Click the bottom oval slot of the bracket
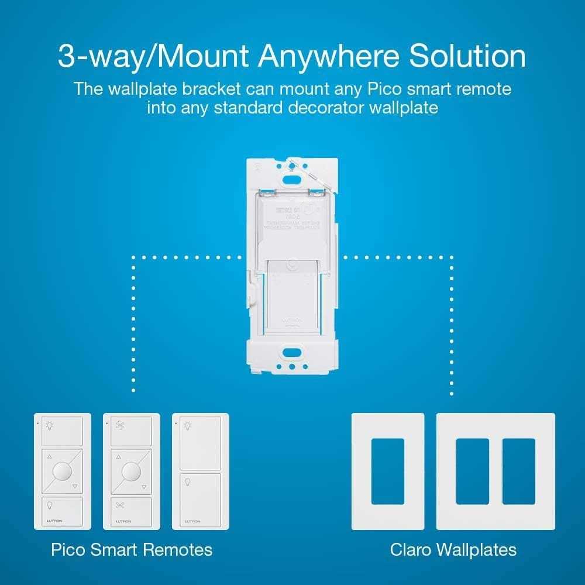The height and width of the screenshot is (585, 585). [x=291, y=353]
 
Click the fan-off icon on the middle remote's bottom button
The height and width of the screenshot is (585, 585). [x=121, y=505]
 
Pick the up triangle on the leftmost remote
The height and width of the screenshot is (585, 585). [x=49, y=457]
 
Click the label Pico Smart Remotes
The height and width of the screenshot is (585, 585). [x=131, y=550]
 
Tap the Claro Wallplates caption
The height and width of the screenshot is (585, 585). [x=453, y=550]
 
